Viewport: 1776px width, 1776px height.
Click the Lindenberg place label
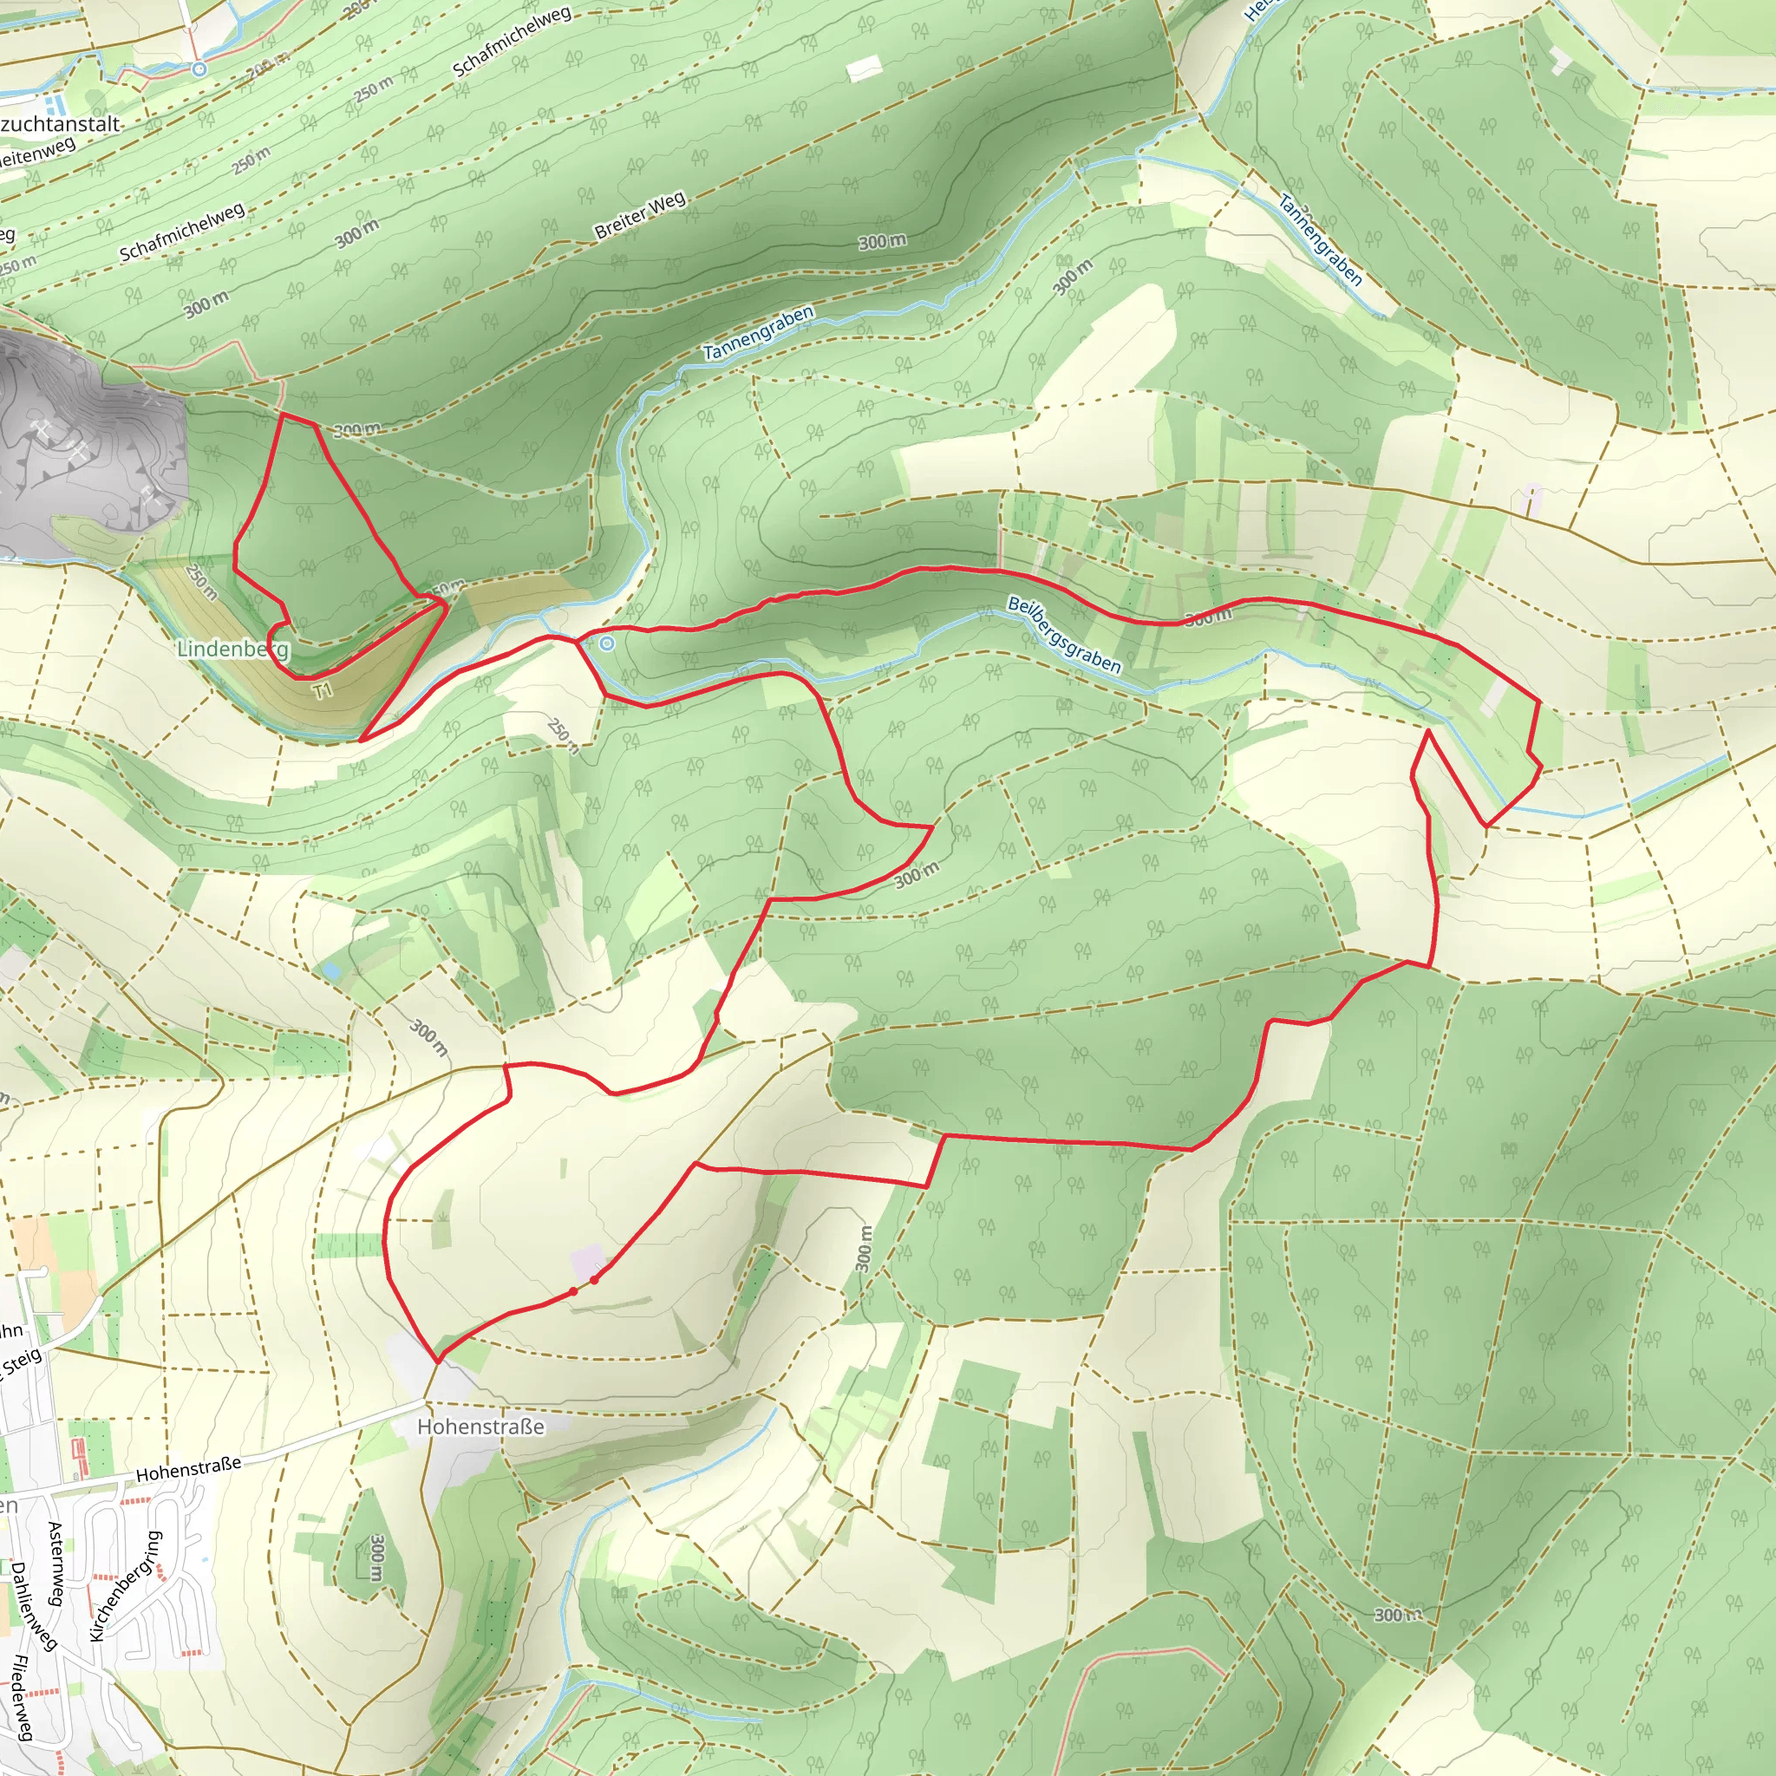pos(232,649)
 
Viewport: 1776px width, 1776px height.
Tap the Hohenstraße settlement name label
pos(480,1426)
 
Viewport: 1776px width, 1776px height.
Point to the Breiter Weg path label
pos(640,215)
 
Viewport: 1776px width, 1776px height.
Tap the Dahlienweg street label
pos(35,1606)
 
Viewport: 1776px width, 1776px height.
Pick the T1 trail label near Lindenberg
pos(322,690)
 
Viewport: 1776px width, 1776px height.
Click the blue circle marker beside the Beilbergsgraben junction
pos(607,644)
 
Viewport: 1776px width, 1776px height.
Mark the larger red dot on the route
pos(595,1279)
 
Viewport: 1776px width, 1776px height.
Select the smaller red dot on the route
pos(572,1291)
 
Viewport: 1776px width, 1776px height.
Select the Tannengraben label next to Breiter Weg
pos(759,332)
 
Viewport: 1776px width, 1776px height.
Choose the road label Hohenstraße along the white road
pos(188,1468)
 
